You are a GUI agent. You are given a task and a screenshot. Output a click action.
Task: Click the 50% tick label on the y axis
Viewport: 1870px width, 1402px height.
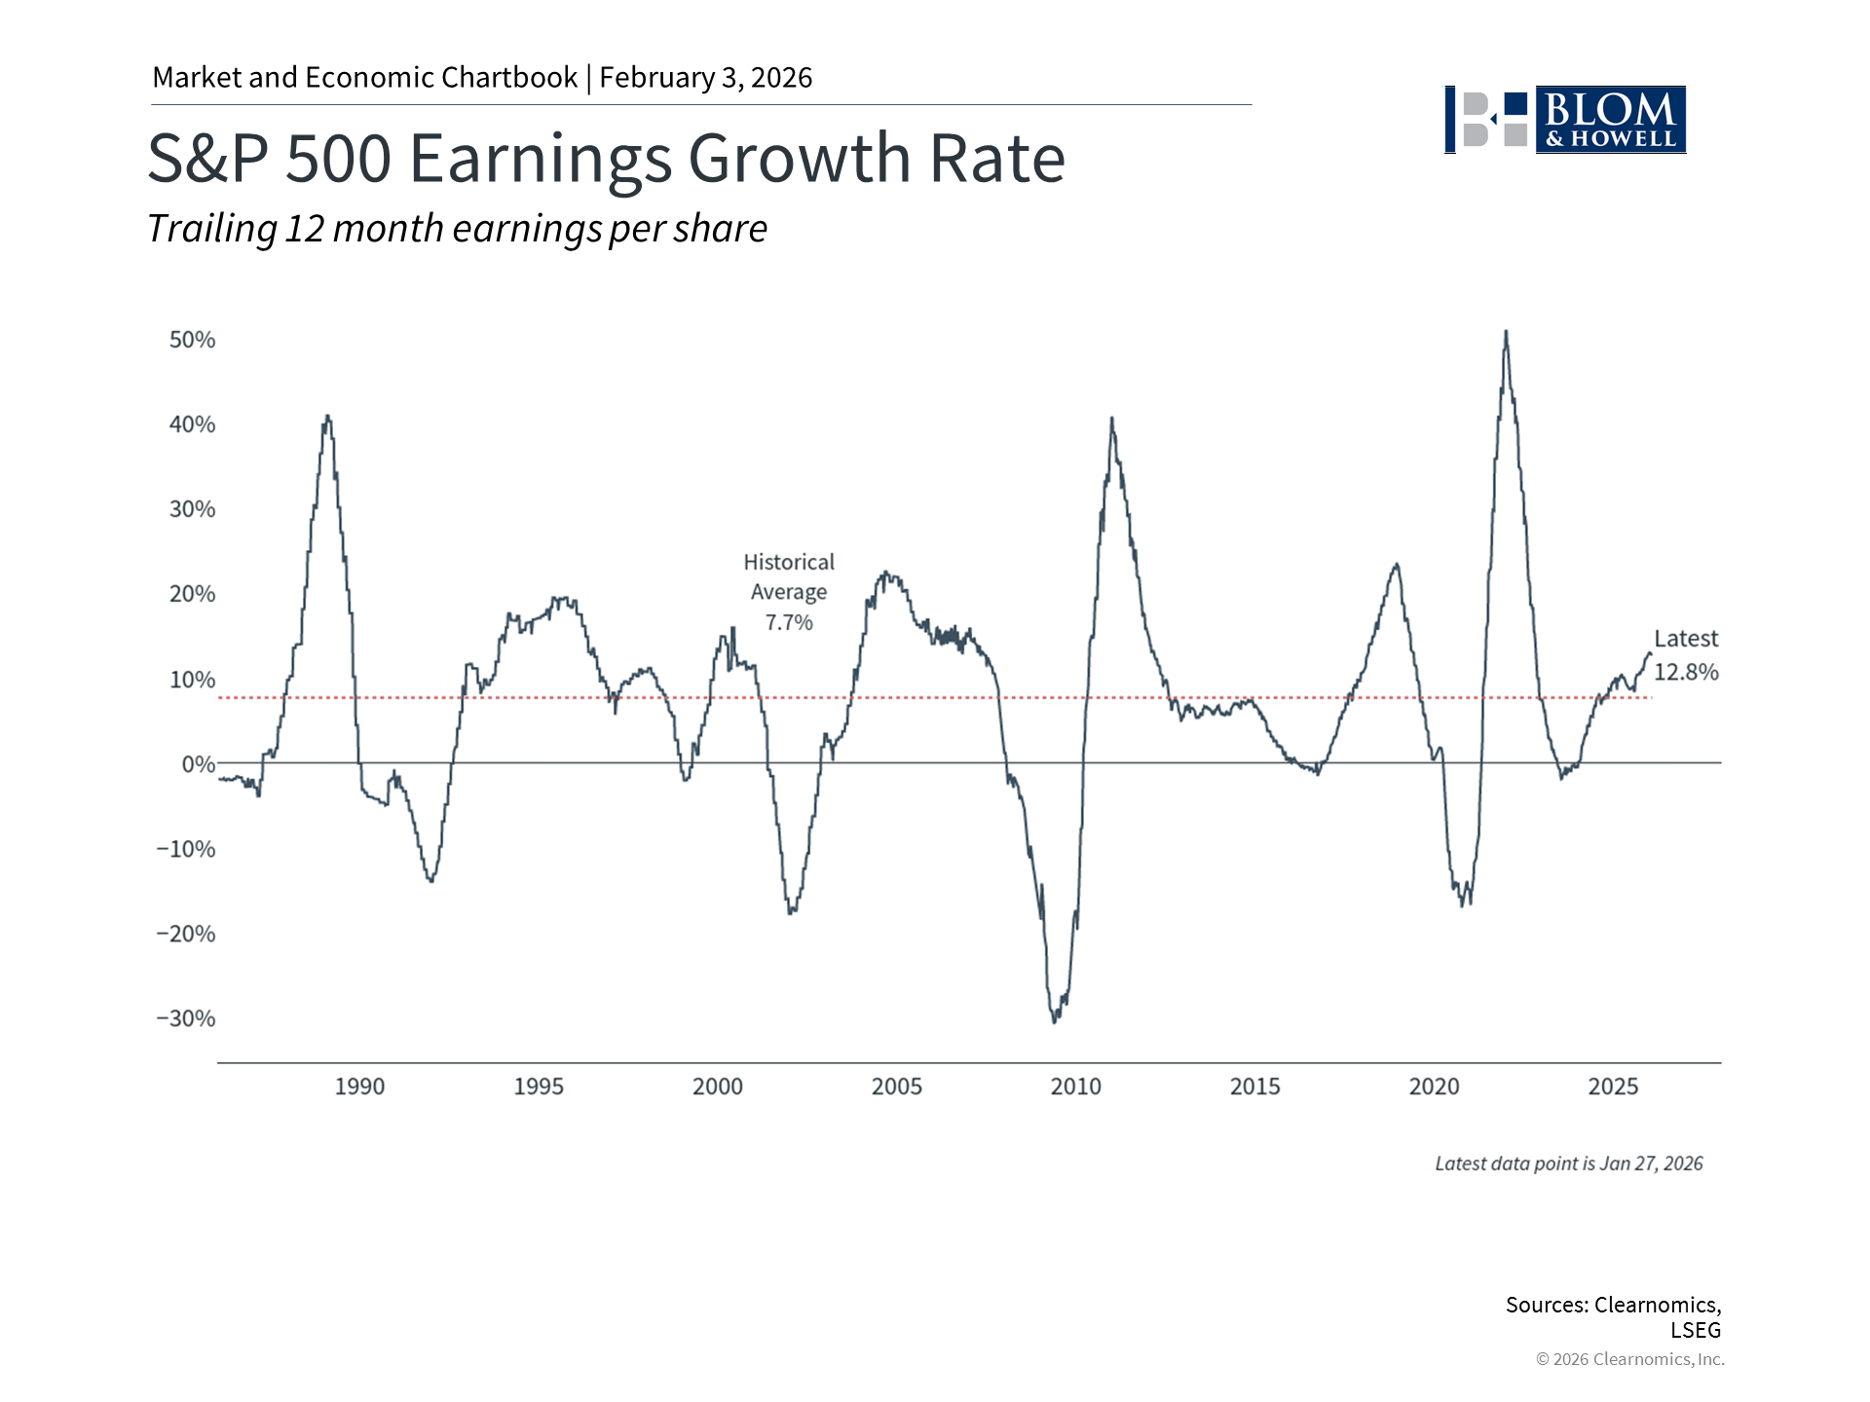pos(192,340)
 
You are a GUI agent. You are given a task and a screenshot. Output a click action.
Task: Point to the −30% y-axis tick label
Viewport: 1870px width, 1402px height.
pos(186,1018)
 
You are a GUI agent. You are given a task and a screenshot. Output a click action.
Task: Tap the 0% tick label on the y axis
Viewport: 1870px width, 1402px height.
pos(199,764)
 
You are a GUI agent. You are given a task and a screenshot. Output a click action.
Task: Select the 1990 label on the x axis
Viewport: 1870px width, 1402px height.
pos(359,1087)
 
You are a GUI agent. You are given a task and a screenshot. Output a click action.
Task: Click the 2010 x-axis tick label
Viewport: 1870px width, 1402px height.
pos(1075,1087)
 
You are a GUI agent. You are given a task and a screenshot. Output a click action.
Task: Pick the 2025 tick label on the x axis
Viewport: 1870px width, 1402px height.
pos(1613,1087)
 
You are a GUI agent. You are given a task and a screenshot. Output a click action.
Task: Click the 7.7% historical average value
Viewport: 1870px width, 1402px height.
pos(789,623)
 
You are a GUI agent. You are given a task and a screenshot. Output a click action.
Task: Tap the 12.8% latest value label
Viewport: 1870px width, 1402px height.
pos(1686,672)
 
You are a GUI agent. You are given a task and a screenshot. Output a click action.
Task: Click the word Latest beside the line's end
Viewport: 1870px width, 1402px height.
pos(1686,639)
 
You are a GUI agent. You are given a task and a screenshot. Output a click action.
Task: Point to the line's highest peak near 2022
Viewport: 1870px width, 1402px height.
pos(1506,333)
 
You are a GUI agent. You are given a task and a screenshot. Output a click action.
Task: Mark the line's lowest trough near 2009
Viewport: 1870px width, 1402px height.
pos(1055,1020)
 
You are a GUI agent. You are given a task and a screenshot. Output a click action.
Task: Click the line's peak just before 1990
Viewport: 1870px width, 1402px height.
pos(327,417)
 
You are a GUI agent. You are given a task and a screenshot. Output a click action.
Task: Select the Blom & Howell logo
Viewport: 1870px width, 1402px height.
pos(1565,120)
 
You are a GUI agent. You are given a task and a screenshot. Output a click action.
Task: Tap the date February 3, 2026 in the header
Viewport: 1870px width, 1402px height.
pos(705,78)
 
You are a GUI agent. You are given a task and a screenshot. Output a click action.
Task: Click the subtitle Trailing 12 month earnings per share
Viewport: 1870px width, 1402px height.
pos(457,229)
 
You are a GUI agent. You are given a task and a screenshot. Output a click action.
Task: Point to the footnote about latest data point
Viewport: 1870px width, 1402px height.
pos(1568,1163)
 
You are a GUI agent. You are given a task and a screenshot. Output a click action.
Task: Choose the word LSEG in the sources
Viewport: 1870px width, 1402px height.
pos(1696,1330)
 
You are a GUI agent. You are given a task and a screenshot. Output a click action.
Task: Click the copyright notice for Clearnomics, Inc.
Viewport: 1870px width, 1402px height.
pos(1629,1359)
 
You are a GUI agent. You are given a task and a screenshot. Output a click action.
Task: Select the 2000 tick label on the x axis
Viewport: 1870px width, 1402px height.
pos(717,1087)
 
